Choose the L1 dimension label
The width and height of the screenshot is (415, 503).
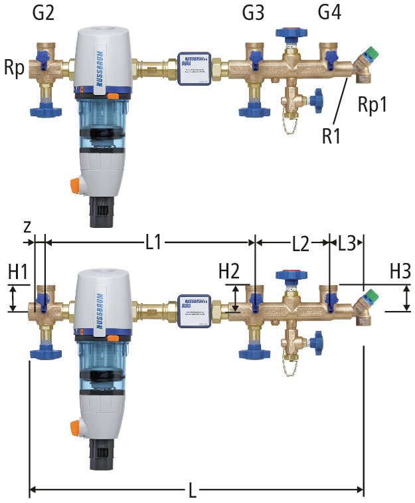point(153,243)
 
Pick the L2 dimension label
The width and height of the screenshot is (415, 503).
point(301,244)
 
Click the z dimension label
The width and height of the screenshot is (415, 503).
point(27,226)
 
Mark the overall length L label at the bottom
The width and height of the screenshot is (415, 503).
point(193,492)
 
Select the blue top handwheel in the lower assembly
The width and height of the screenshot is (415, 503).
point(290,274)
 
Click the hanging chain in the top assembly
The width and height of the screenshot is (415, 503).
point(288,124)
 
